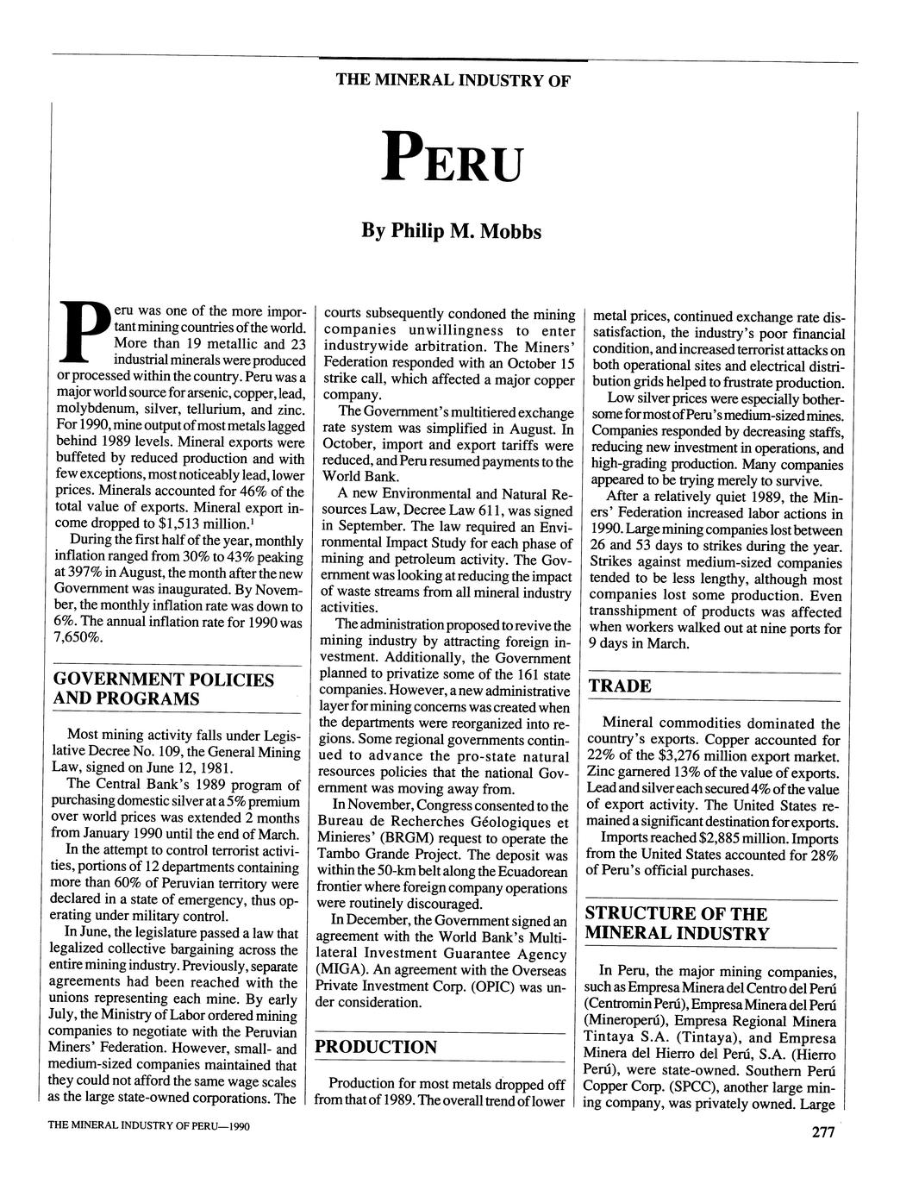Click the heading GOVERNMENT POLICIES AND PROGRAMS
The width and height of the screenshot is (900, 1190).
tap(164, 689)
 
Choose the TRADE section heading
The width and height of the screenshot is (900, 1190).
tap(619, 686)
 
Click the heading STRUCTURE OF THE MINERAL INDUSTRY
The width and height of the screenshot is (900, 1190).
tap(677, 924)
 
